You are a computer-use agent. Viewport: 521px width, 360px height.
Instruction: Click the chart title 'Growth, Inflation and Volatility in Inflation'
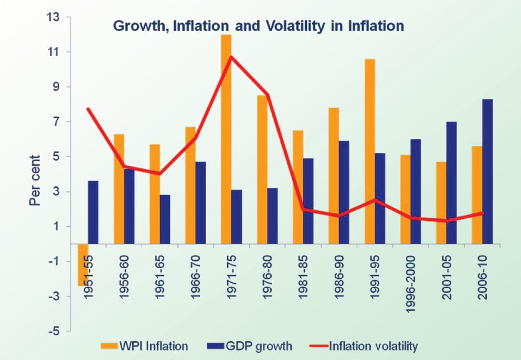258,25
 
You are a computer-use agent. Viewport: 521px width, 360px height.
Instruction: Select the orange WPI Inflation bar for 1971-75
226,139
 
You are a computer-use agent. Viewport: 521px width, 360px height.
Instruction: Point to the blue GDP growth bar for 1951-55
93,213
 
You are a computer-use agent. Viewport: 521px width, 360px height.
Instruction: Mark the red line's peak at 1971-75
231,57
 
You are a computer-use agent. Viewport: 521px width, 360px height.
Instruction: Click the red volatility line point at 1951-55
88,109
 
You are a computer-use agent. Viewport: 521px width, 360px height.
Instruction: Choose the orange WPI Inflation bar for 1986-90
334,176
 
